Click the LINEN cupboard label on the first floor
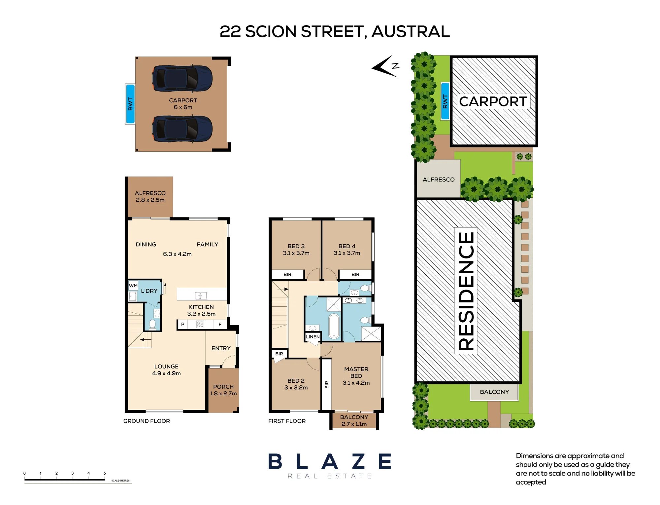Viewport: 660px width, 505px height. [x=313, y=336]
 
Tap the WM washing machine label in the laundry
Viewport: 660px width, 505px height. [x=133, y=286]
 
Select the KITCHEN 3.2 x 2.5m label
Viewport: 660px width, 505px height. [x=201, y=310]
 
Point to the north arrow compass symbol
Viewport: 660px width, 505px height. [x=385, y=66]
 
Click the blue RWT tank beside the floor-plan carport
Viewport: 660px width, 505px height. [x=130, y=104]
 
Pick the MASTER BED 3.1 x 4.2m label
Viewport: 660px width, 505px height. [x=356, y=376]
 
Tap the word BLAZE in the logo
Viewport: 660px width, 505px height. [x=330, y=461]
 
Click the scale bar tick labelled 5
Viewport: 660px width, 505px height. [x=105, y=473]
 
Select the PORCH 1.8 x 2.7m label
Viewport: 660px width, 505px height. [x=223, y=390]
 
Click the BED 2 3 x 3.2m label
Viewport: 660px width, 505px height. [x=296, y=384]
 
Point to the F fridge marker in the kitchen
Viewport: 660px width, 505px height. [x=220, y=325]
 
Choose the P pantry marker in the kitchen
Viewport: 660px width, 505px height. [x=182, y=324]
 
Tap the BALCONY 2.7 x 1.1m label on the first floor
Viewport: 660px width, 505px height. [x=354, y=420]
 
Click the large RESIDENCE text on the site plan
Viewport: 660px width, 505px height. [x=466, y=291]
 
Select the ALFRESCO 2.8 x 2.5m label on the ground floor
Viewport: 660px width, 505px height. [x=150, y=196]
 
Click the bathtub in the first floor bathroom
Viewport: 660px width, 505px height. [x=334, y=326]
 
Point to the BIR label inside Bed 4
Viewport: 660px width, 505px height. [x=355, y=274]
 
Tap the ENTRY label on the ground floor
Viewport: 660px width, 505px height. [x=221, y=348]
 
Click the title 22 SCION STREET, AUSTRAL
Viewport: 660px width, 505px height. [x=335, y=32]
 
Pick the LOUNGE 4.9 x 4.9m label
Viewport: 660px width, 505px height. [x=166, y=370]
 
